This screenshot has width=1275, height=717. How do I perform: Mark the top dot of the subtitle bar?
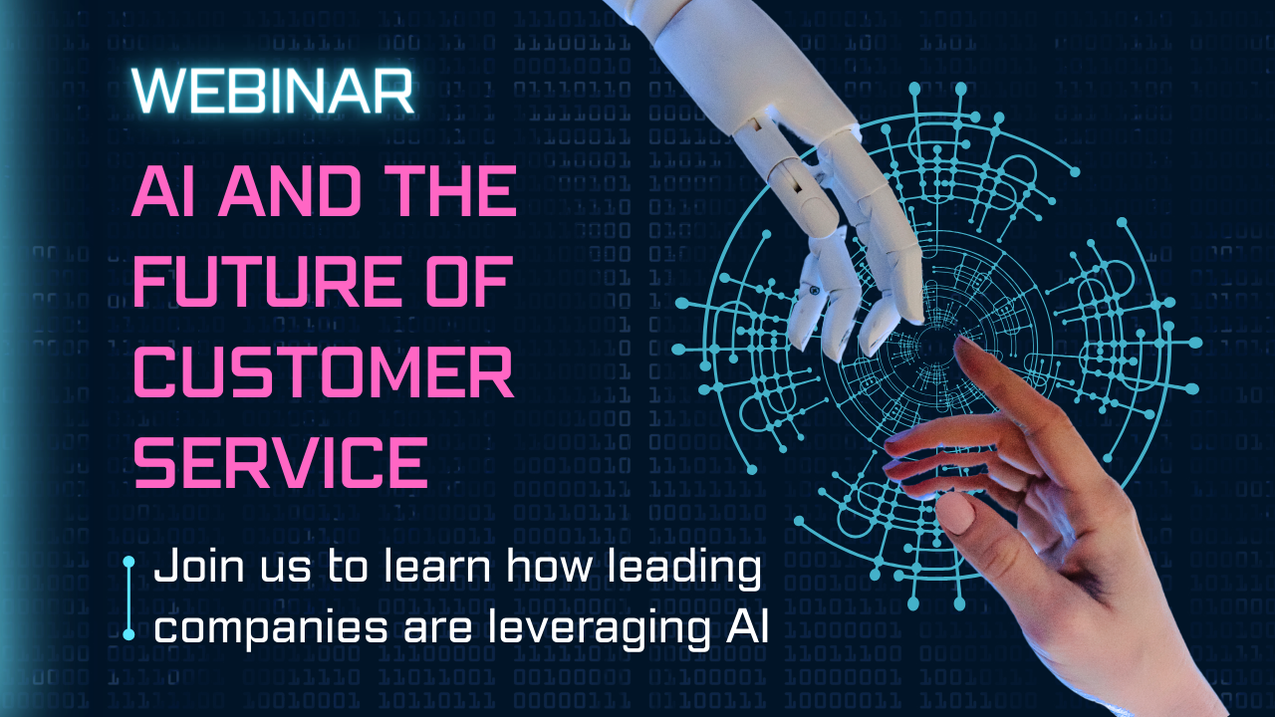[x=128, y=563]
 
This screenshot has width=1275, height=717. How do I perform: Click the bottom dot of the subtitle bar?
[x=128, y=633]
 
